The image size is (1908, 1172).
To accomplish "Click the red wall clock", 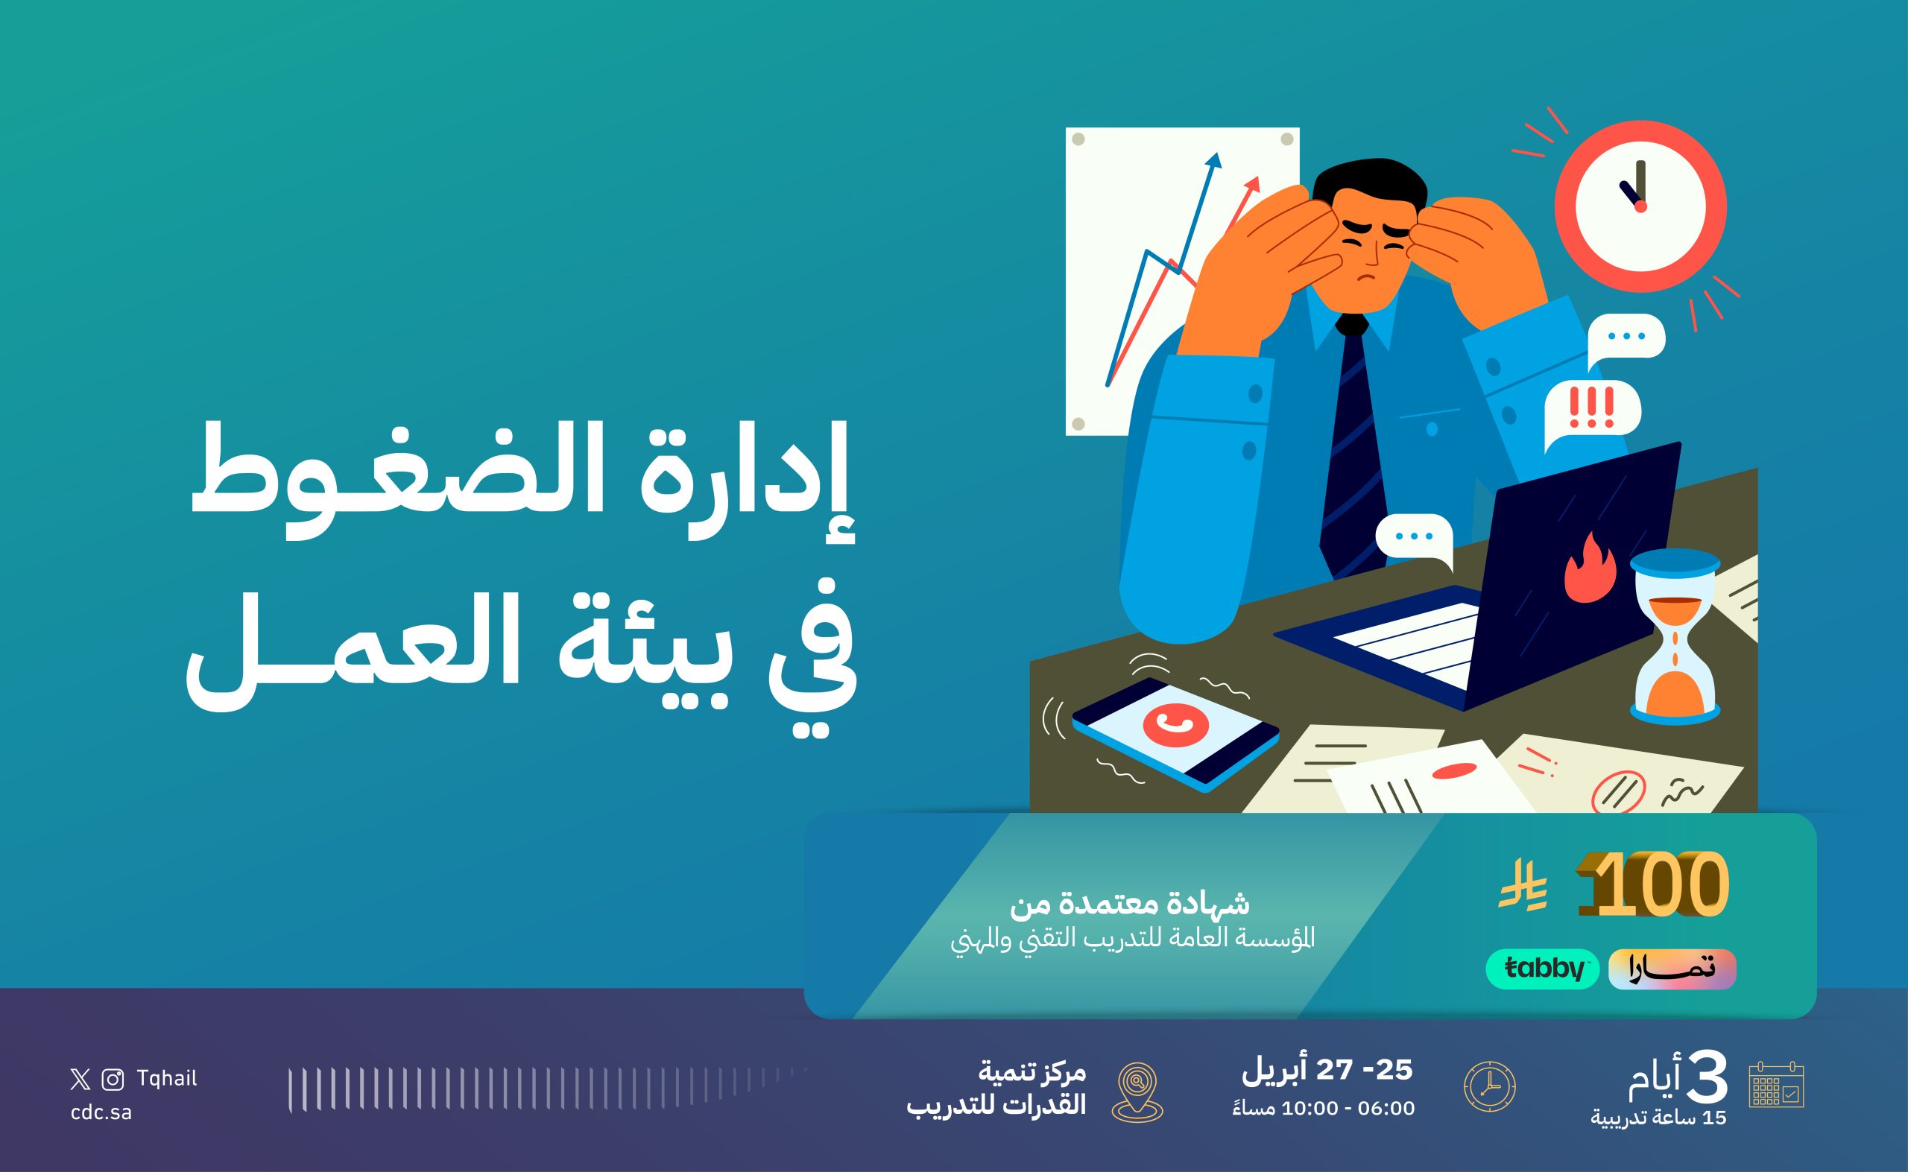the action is (1640, 206).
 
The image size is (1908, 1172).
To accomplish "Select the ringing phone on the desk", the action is (1175, 734).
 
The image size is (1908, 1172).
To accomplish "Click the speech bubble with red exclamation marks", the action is (1592, 414).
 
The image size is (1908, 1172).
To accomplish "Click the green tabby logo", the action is (1542, 969).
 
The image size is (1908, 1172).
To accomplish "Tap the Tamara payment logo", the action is (1672, 969).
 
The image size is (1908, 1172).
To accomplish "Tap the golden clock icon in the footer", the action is (1489, 1086).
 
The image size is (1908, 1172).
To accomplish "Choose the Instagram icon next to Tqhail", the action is (113, 1080).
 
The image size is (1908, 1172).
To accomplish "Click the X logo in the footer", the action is (80, 1080).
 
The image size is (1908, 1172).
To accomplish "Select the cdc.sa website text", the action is (101, 1112).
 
